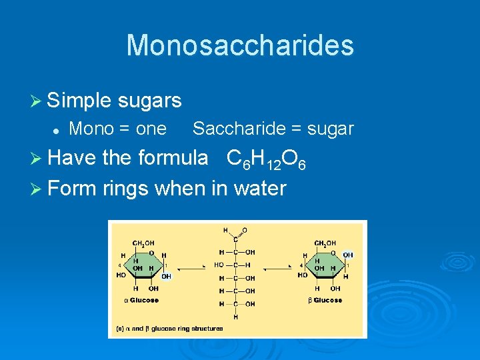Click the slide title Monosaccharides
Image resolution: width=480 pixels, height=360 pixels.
pos(240,45)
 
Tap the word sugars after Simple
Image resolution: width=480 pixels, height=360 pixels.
pos(150,101)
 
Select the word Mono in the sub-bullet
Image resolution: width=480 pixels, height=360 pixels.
pos(90,128)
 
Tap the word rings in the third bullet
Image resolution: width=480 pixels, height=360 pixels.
pos(126,189)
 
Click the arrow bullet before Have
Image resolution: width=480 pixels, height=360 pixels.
pos(37,158)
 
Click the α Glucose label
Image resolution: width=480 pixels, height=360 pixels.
pos(141,300)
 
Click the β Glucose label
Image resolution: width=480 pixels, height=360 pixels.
pos(325,300)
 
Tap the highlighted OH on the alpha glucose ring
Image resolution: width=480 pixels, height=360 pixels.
pos(166,275)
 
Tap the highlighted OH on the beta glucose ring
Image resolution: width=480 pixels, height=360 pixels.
pos(348,255)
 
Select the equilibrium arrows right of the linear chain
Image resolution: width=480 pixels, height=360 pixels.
pos(275,268)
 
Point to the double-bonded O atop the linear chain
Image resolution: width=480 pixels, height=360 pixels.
pos(245,231)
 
